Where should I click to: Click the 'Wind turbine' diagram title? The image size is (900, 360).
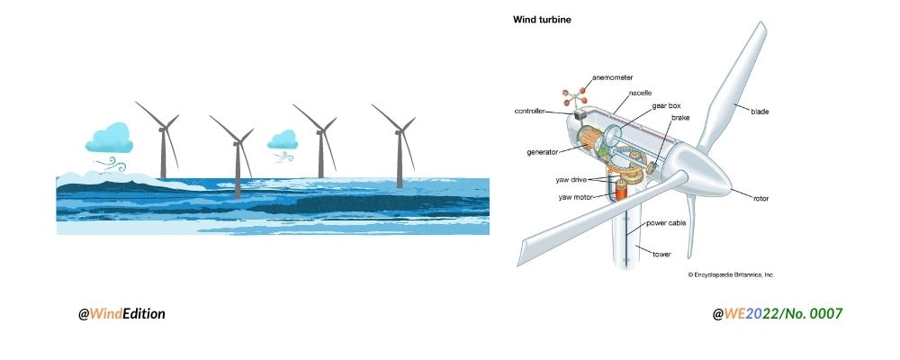pyautogui.click(x=542, y=19)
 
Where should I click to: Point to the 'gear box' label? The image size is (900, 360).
pyautogui.click(x=667, y=105)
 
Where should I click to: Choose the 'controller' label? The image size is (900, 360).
pyautogui.click(x=531, y=112)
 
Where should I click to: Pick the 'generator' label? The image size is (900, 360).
pyautogui.click(x=544, y=151)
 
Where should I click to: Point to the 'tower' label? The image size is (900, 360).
pyautogui.click(x=661, y=255)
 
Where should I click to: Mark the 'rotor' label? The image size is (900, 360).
pyautogui.click(x=761, y=198)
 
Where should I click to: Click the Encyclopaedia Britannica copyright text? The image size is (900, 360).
pyautogui.click(x=731, y=274)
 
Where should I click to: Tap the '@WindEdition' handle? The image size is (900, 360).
pyautogui.click(x=121, y=313)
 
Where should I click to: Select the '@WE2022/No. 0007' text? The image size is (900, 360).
pyautogui.click(x=778, y=313)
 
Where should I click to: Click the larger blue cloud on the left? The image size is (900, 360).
pyautogui.click(x=110, y=138)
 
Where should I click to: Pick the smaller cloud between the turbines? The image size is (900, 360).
pyautogui.click(x=283, y=139)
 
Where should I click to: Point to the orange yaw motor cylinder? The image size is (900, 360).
pyautogui.click(x=620, y=190)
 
